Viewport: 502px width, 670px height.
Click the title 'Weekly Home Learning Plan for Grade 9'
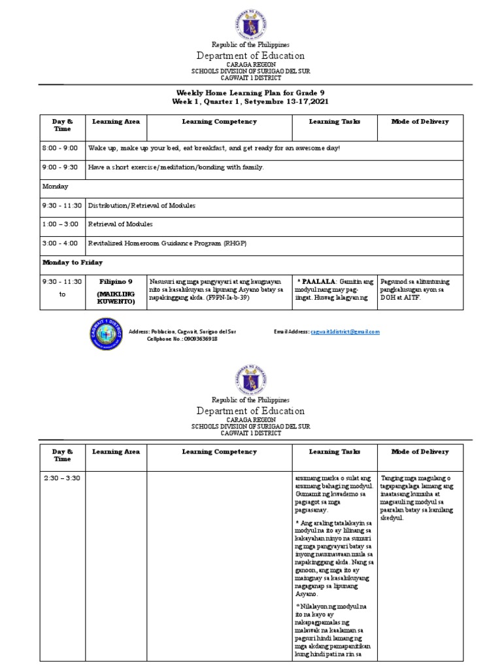250,94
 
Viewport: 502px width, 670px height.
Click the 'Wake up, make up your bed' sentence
214,149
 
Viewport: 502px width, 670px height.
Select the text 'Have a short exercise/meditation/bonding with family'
176,167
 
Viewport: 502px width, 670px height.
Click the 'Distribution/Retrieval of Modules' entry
142,205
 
